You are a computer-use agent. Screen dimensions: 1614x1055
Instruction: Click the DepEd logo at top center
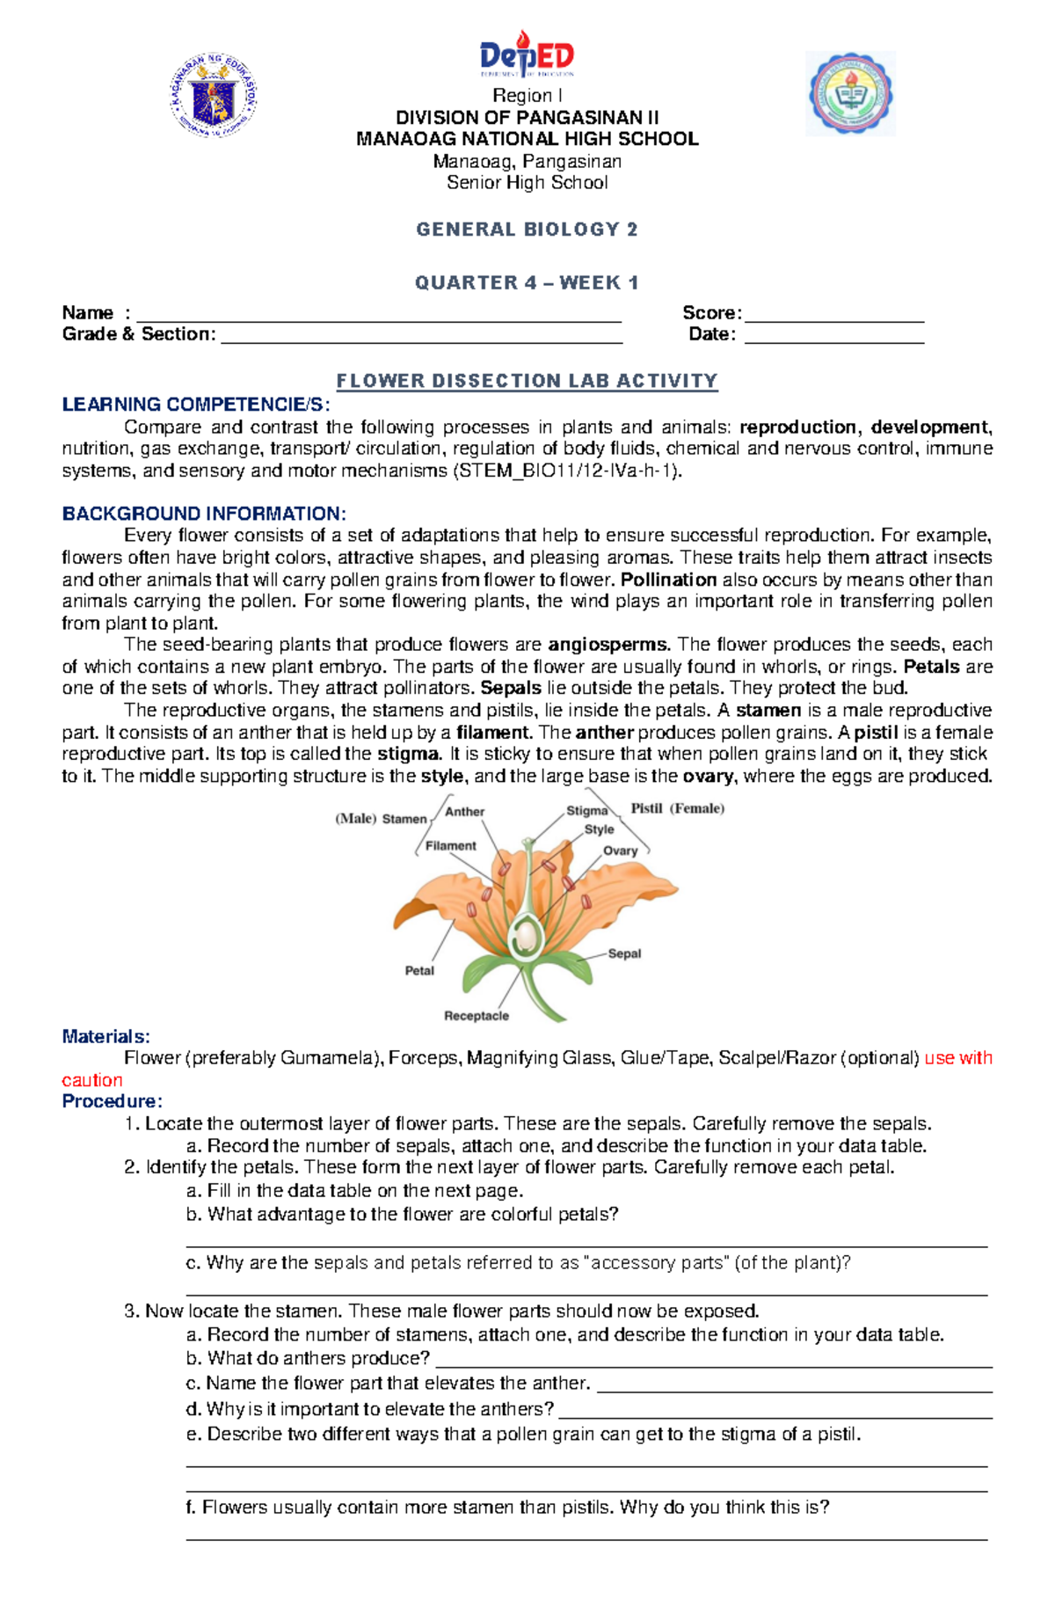[527, 55]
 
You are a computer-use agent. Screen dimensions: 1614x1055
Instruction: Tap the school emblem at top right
[850, 93]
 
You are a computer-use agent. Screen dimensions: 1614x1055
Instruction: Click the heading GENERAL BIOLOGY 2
[527, 230]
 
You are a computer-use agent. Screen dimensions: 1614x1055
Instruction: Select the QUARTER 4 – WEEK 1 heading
[527, 282]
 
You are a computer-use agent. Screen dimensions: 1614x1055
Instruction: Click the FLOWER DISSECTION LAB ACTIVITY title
[527, 381]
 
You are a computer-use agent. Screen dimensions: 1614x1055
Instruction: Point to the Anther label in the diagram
[464, 812]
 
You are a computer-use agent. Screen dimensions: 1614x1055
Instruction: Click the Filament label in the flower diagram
[450, 845]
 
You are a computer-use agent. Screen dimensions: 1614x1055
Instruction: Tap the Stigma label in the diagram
[586, 810]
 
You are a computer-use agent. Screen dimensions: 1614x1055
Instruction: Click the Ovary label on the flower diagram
[620, 851]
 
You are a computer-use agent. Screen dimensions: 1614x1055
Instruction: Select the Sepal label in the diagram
[624, 953]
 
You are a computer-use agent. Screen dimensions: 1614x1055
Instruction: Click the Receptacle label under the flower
[477, 1016]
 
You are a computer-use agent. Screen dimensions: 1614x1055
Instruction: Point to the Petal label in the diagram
[419, 970]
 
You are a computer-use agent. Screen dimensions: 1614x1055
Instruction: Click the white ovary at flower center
[526, 936]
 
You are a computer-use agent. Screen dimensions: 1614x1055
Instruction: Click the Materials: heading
[105, 1036]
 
